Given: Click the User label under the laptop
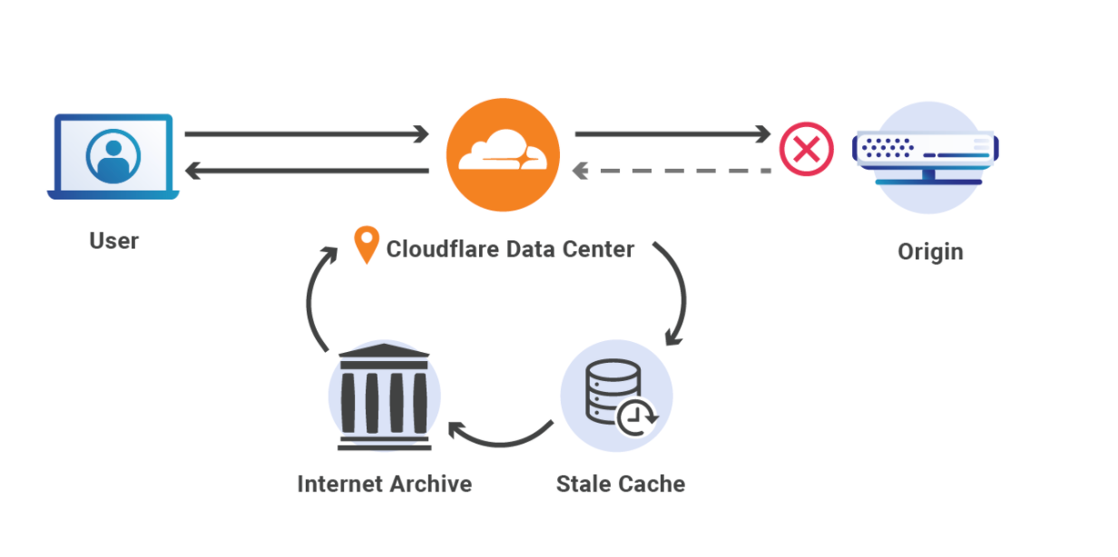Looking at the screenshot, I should (x=113, y=241).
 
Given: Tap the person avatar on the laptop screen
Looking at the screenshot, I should (x=113, y=157).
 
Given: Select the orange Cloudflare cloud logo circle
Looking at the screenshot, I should (x=502, y=154).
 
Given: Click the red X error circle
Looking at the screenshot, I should (x=806, y=149).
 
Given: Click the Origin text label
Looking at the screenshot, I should (x=930, y=251).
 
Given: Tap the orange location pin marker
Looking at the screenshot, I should (x=366, y=246).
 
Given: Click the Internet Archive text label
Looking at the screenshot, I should (x=384, y=484).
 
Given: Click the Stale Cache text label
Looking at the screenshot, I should (x=620, y=484).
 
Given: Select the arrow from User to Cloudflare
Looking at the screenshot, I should (x=306, y=135).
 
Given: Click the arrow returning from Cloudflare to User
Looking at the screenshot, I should (x=306, y=170).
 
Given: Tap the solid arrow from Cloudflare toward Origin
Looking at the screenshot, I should (x=672, y=135).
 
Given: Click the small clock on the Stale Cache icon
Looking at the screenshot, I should (x=637, y=416).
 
